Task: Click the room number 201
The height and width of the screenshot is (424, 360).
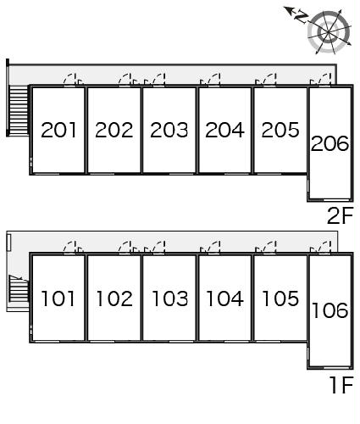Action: (58, 130)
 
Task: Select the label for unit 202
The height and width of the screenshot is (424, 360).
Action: (114, 130)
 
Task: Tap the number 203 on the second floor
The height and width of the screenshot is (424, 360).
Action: (169, 130)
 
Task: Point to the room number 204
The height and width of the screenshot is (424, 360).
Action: (224, 130)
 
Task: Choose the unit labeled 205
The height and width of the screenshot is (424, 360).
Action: (280, 130)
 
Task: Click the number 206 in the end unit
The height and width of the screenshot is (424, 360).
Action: (330, 143)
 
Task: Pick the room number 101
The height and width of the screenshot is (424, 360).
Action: (58, 298)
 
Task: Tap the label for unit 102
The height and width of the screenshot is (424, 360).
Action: (114, 298)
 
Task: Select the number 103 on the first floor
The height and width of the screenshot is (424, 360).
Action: (169, 298)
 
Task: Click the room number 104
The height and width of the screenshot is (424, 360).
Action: (225, 298)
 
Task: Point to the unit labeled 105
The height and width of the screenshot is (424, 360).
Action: (280, 298)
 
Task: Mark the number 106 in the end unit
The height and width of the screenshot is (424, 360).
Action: (330, 310)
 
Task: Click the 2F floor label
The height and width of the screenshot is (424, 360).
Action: (341, 215)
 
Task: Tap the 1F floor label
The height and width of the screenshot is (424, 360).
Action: (342, 385)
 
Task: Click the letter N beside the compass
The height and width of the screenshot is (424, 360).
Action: (301, 17)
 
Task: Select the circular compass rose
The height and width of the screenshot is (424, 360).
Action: (329, 32)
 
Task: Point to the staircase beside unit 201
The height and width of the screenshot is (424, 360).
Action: (19, 109)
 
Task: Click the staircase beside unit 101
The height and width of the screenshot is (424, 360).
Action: (19, 288)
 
